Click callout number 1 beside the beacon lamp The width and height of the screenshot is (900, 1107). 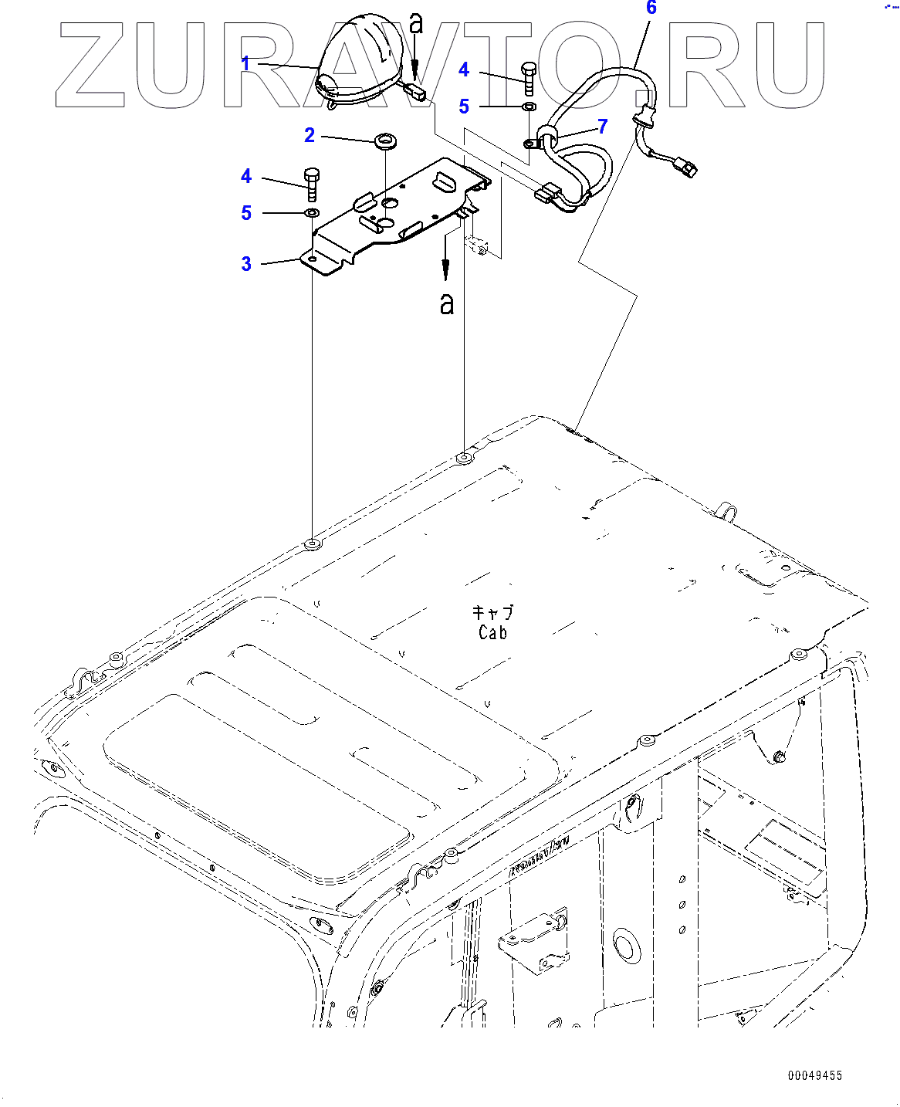click(245, 63)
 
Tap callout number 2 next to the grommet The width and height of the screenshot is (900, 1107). click(310, 136)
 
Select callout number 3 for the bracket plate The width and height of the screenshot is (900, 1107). click(246, 264)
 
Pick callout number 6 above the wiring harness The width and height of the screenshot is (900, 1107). click(651, 8)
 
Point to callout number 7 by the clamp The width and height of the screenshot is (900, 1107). click(603, 126)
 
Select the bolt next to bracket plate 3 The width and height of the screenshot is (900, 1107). click(312, 184)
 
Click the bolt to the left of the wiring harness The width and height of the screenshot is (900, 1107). click(529, 78)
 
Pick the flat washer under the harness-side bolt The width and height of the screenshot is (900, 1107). click(529, 106)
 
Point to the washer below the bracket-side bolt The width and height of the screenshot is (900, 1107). click(311, 212)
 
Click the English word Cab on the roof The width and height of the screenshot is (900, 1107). click(492, 633)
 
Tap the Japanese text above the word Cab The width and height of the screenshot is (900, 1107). click(492, 613)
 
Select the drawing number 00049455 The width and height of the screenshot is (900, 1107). click(815, 1075)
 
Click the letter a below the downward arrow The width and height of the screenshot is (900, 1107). click(446, 304)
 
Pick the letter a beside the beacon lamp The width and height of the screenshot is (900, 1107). click(416, 23)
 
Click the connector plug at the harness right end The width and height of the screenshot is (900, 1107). click(683, 166)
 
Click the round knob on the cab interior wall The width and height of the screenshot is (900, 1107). click(626, 946)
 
